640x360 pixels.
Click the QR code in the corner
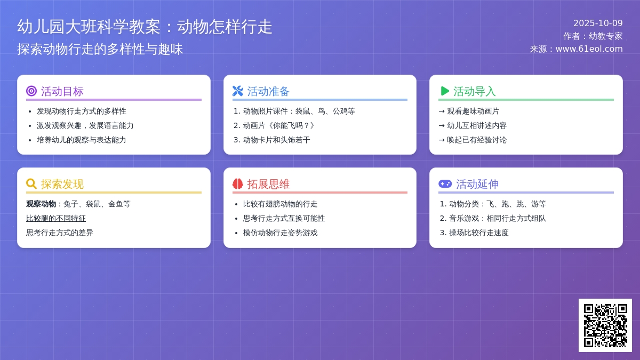[x=605, y=325]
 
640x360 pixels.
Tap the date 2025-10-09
[x=598, y=23]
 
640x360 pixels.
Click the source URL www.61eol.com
[x=589, y=49]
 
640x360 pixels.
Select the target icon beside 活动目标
[x=31, y=91]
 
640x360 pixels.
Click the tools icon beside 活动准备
[x=238, y=91]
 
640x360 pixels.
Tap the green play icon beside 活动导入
[x=444, y=91]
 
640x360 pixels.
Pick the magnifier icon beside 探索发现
[x=31, y=184]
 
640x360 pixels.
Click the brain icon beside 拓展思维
[x=238, y=184]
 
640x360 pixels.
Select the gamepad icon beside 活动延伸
[x=445, y=184]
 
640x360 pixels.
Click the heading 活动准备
[x=268, y=91]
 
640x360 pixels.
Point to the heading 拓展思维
[x=268, y=184]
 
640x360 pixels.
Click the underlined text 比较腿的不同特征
[x=56, y=218]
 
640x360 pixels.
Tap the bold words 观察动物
[x=41, y=204]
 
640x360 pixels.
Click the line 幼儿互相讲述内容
[x=477, y=125]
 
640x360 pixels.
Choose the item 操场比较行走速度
[x=478, y=233]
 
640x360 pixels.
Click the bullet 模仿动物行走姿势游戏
[x=280, y=233]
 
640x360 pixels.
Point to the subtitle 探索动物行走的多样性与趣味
[x=100, y=49]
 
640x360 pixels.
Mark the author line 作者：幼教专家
[x=593, y=36]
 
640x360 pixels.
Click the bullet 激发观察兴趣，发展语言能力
[x=85, y=125]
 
